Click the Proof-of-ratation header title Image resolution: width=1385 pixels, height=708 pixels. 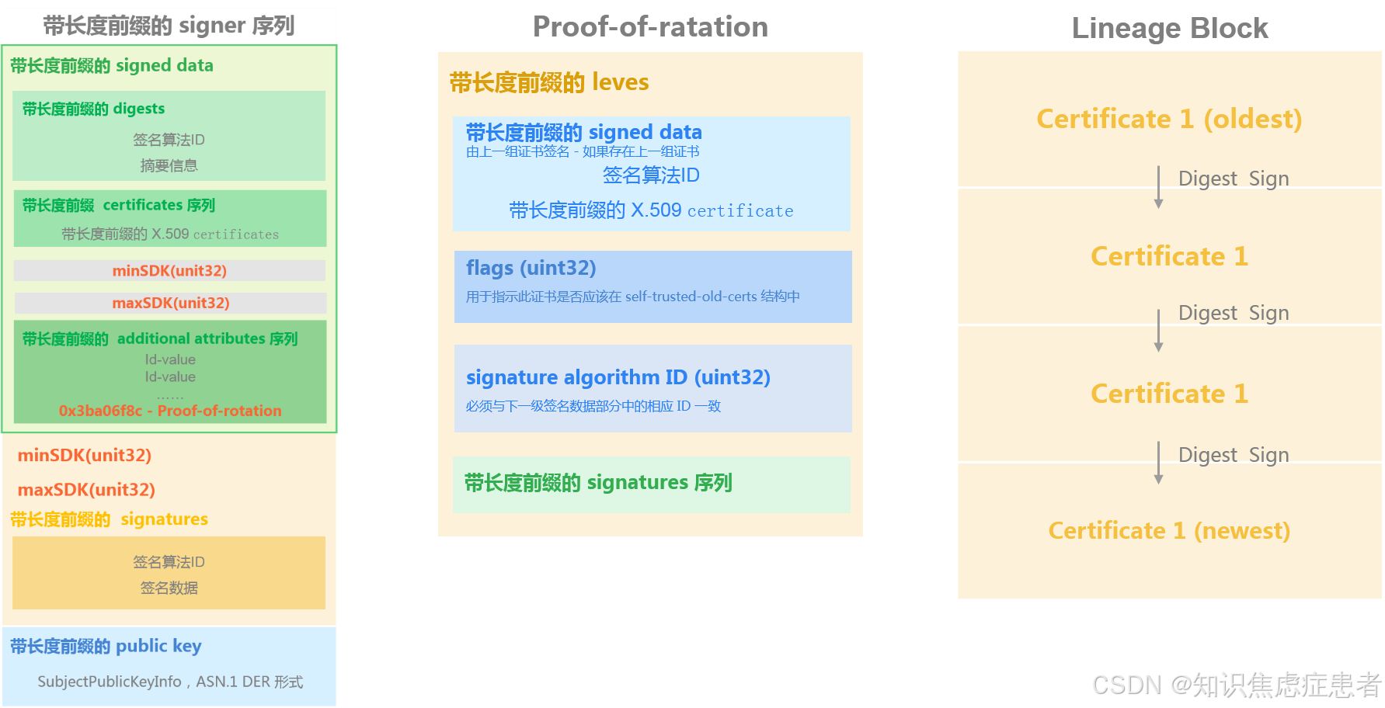point(650,27)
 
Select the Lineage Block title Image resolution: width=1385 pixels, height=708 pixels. point(1169,29)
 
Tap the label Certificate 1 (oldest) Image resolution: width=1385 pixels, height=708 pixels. point(1168,119)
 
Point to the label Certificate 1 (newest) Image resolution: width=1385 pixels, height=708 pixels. point(1168,530)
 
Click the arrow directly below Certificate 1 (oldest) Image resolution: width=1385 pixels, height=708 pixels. point(1158,187)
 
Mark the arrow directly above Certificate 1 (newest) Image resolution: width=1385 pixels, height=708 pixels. point(1158,463)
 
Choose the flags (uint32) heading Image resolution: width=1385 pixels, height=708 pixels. point(531,268)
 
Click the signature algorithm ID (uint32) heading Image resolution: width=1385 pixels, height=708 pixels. point(618,377)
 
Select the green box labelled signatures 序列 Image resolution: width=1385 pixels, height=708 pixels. point(651,484)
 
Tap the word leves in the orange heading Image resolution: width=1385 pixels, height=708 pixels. point(620,82)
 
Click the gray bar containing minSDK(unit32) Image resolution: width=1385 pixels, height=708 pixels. point(169,270)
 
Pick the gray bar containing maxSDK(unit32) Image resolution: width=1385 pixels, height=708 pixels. point(170,303)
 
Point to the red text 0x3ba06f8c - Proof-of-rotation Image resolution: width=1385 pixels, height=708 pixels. point(170,411)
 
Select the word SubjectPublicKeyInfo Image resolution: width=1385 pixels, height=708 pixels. point(110,682)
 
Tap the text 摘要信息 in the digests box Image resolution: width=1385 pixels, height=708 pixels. point(169,165)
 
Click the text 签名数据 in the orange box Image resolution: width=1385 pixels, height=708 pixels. point(169,588)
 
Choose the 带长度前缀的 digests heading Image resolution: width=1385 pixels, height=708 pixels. point(93,109)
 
